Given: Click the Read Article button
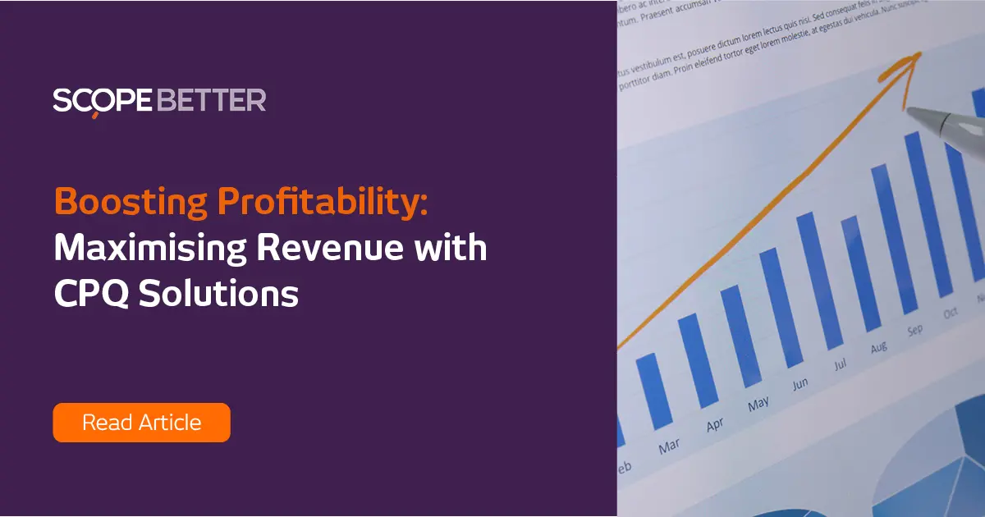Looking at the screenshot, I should point(141,423).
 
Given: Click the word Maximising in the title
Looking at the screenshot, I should point(148,248).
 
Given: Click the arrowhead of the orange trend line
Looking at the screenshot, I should point(911,62).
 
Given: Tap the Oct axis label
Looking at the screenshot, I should point(951,313).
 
